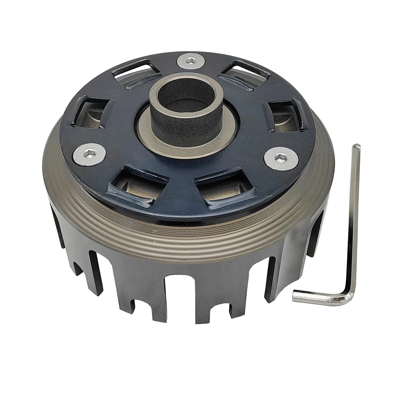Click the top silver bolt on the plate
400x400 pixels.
coord(191,61)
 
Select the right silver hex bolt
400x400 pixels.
coord(281,158)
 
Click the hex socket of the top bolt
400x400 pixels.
coord(191,61)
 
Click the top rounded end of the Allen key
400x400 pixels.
coord(356,147)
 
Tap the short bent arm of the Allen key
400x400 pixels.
coord(316,296)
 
